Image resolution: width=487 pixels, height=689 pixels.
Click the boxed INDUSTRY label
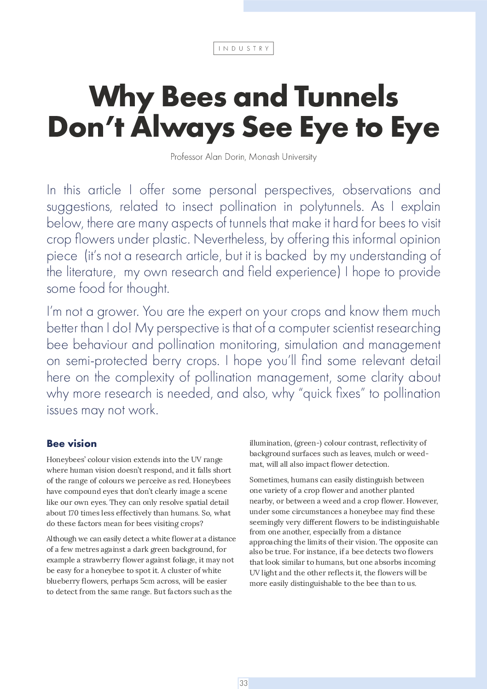[243, 48]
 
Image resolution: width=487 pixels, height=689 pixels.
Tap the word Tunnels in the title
[346, 97]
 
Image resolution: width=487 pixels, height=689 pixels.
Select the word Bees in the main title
[194, 97]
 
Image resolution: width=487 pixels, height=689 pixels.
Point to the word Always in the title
[183, 127]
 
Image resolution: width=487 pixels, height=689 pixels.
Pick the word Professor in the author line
[186, 157]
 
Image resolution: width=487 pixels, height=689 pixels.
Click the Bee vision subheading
[71, 444]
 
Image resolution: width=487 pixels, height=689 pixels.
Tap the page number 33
[243, 683]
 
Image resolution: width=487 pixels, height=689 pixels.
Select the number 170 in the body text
[73, 513]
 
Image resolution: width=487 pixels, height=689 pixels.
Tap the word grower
[117, 312]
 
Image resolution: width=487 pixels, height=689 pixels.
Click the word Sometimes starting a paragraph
[267, 480]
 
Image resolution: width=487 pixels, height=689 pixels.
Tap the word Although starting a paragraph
[61, 538]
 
